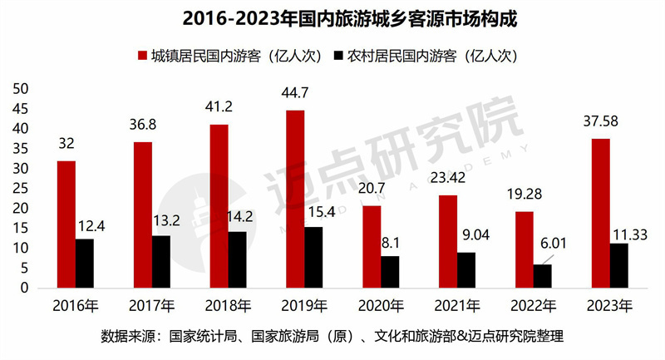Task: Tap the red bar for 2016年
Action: point(66,224)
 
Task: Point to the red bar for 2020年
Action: point(372,247)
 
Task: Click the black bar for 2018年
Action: point(238,259)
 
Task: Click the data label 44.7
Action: point(295,93)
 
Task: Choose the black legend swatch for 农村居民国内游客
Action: point(338,56)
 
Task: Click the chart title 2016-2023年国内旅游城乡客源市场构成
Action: point(332,17)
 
